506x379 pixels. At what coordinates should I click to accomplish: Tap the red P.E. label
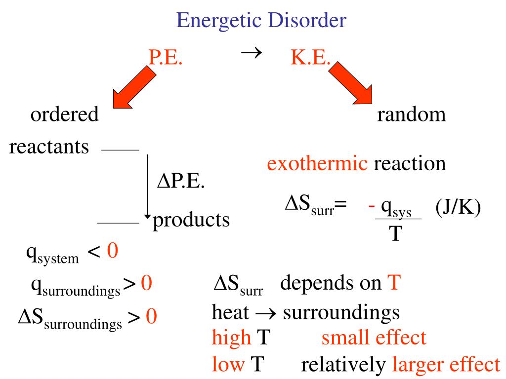click(166, 57)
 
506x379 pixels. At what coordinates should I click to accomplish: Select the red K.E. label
click(310, 57)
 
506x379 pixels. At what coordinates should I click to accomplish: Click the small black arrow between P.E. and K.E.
click(252, 52)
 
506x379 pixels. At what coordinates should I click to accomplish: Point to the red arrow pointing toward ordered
click(134, 86)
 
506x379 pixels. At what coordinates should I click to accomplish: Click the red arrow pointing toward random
click(351, 83)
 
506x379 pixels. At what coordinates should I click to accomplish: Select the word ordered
click(65, 114)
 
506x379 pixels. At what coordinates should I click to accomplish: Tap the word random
click(412, 114)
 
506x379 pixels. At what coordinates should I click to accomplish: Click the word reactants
click(49, 147)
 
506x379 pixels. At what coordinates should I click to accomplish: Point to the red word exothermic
click(317, 163)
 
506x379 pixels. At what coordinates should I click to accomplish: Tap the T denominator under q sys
click(396, 233)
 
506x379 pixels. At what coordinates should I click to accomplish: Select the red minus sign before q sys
click(372, 206)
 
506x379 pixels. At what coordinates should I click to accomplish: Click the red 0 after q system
click(113, 250)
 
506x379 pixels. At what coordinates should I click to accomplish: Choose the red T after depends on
click(394, 283)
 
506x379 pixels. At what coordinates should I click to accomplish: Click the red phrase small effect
click(374, 338)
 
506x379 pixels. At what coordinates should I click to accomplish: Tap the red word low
click(228, 364)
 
